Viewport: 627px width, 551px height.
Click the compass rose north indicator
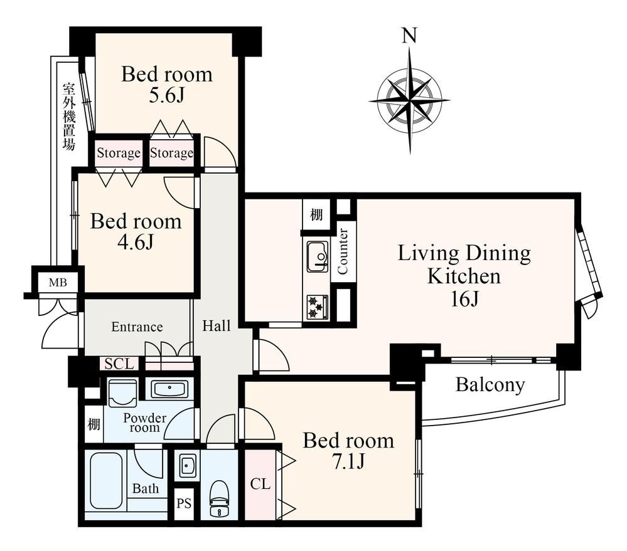(x=410, y=101)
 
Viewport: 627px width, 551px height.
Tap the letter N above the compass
(x=409, y=36)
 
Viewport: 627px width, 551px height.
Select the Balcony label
(x=490, y=385)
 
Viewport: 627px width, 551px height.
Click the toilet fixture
(x=219, y=499)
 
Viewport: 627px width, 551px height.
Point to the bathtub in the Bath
(x=106, y=480)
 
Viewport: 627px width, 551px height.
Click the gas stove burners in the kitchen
(x=318, y=307)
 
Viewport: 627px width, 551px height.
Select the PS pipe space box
(x=185, y=503)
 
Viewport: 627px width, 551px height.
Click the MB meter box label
(x=58, y=283)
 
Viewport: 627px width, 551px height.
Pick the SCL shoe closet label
(x=119, y=364)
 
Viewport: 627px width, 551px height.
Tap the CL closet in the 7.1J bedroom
(x=260, y=485)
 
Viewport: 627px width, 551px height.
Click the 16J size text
(x=464, y=298)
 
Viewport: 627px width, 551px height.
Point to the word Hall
(x=217, y=326)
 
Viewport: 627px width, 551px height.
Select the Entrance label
(x=137, y=327)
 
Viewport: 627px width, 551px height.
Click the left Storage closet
(x=119, y=153)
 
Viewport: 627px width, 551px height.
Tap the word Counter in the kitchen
(x=343, y=251)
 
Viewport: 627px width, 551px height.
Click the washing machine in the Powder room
(x=123, y=392)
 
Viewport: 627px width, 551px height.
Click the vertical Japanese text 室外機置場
(x=69, y=117)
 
